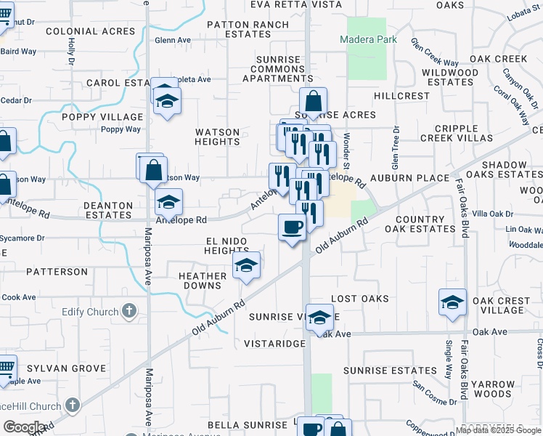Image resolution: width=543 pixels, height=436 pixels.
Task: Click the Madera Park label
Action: [370, 39]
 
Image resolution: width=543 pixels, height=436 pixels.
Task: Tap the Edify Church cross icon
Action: [129, 312]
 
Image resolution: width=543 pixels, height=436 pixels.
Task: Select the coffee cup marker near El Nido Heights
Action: [292, 227]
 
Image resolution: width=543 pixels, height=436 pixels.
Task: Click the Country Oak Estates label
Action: [425, 224]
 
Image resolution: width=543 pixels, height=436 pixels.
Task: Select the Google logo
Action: [24, 427]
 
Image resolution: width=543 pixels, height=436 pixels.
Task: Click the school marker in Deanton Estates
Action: [168, 203]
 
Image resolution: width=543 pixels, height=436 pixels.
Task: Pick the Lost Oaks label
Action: [360, 299]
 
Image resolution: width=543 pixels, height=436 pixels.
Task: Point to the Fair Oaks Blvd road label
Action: [462, 203]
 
